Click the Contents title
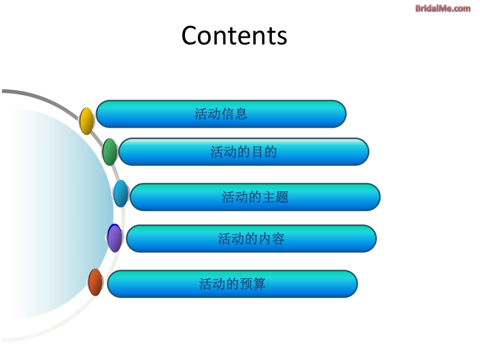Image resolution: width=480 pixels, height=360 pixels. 234,35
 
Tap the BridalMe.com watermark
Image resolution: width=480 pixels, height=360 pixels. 443,8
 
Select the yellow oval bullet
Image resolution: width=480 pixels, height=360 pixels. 86,121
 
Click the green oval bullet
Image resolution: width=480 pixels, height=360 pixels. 110,151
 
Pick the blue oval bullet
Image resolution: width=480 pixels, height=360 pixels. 121,193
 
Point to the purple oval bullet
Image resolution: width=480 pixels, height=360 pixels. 115,238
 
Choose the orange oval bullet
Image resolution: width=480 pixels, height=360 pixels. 95,282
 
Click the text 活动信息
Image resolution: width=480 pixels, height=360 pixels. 221,114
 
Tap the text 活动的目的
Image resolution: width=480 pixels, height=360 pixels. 244,151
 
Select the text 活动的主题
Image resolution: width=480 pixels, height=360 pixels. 255,197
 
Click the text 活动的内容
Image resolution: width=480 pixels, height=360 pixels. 251,238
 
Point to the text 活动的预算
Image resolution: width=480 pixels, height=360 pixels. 232,284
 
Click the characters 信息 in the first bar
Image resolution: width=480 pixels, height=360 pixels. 234,114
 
